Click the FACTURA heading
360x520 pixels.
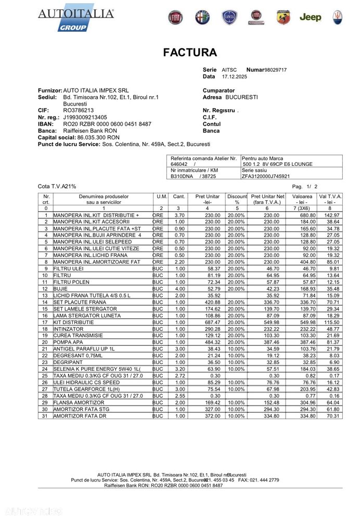tap(190, 53)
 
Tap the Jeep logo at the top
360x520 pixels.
tap(310, 17)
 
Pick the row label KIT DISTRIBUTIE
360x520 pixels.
tap(71, 322)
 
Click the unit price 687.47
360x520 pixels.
tap(211, 322)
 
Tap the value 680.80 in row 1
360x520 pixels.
tap(305, 215)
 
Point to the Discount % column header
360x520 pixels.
tap(237, 200)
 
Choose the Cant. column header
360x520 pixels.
tap(178, 197)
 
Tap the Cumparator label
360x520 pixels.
tap(218, 90)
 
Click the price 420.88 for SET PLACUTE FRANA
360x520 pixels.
tap(211, 302)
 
